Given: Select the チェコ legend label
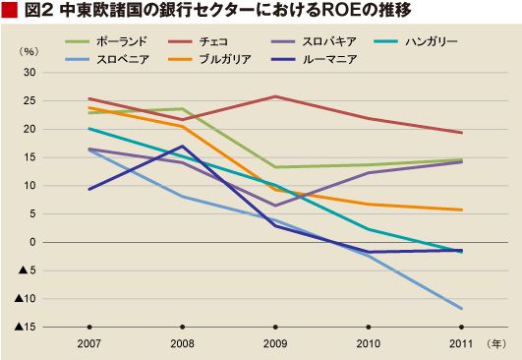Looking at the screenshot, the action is (213, 41).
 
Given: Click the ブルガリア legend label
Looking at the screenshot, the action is (225, 60).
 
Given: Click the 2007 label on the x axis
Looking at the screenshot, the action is (88, 343).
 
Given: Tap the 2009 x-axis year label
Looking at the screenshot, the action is (275, 343).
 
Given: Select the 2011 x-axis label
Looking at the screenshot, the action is (461, 343).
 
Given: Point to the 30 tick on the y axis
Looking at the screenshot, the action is (29, 72).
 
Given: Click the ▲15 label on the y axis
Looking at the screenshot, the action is (25, 327).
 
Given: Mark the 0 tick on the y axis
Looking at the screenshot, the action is (32, 242).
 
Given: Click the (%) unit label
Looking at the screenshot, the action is (29, 51).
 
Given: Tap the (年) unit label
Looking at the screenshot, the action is (496, 343).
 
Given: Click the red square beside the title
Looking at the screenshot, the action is (9, 11).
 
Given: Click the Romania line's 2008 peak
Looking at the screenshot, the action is (182, 146).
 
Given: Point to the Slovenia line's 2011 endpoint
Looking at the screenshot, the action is (461, 309).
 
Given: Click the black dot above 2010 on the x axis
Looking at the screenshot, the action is (369, 327).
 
